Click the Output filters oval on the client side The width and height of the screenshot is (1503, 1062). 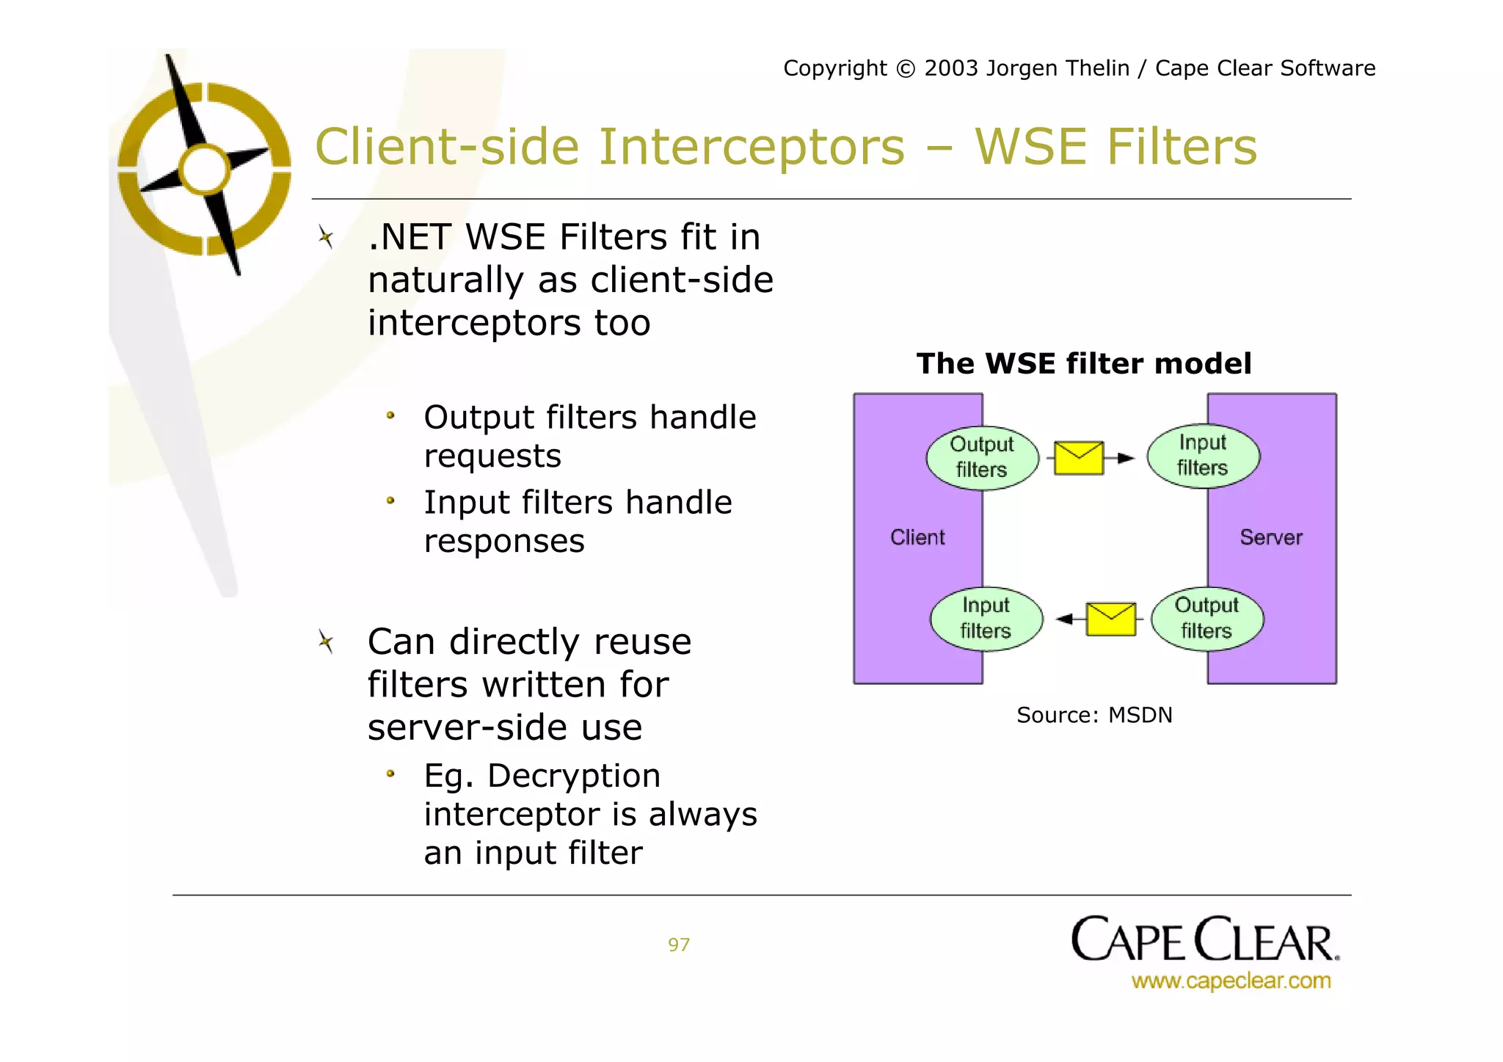982,457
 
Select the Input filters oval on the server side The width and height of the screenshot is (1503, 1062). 1203,456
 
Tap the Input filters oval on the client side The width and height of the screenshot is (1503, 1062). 986,619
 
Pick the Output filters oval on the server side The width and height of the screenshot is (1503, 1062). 1207,619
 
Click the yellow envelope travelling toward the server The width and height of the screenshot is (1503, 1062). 1078,458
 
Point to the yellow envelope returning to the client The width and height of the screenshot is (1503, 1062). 1110,619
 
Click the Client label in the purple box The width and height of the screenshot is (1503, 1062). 917,537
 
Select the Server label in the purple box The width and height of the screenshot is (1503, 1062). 1270,537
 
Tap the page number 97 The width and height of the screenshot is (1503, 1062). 678,945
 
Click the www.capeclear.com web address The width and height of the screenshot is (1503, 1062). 1230,981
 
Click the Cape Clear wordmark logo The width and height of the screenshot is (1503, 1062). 1204,940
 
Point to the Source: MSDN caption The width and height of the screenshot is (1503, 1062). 1093,715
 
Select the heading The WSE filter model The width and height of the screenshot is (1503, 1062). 1083,364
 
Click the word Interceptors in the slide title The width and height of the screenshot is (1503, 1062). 751,147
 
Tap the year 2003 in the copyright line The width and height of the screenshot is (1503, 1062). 951,68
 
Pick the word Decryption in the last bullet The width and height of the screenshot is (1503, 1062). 573,776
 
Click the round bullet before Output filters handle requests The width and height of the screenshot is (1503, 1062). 390,416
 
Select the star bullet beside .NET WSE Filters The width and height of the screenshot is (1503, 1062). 326,237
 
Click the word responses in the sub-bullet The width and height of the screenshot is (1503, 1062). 504,542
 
